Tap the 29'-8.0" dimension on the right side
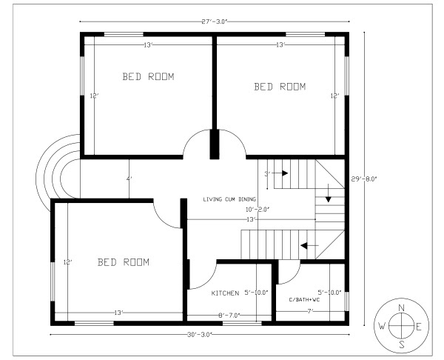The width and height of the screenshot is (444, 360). [x=365, y=178]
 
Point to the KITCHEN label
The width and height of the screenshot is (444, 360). [x=225, y=293]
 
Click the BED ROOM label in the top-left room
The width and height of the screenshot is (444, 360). [x=148, y=76]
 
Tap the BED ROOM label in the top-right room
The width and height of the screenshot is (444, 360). [x=280, y=87]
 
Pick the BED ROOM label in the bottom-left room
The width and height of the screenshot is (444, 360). [x=124, y=262]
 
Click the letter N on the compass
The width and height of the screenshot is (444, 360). [x=401, y=307]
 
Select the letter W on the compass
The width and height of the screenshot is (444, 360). [x=383, y=326]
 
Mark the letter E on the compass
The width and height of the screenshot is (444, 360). [x=419, y=326]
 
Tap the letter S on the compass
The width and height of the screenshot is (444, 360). [x=401, y=344]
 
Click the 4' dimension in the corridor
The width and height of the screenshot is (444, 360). [x=128, y=179]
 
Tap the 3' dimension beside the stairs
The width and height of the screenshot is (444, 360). [x=267, y=175]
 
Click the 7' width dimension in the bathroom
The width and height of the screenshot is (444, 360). [x=312, y=311]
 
